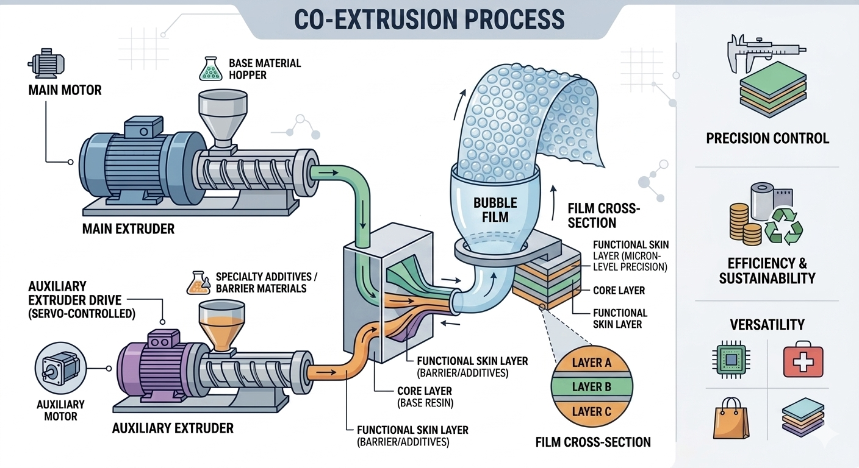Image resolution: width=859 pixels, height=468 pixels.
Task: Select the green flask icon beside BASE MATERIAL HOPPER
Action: point(209,69)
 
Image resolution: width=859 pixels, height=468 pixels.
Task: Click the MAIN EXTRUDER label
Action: point(129,229)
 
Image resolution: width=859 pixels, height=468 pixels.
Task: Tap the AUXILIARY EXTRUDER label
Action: point(173,428)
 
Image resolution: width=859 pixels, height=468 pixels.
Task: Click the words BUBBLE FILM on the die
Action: point(495,209)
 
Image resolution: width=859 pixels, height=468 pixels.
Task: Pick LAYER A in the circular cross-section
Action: point(591,363)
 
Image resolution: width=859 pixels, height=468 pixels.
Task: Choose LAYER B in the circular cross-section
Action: point(591,387)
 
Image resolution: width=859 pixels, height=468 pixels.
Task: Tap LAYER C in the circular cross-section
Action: point(591,412)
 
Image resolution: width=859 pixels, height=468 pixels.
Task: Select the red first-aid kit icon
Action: point(803,360)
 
